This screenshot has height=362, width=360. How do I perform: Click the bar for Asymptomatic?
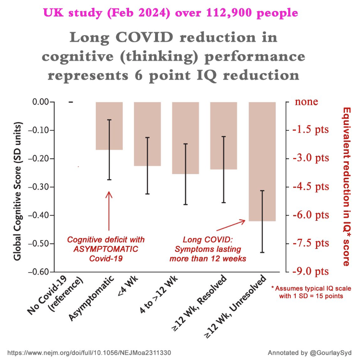(x=109, y=126)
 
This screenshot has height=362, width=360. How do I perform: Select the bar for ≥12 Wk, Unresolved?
(x=262, y=161)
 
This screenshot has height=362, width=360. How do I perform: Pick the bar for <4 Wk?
(x=147, y=134)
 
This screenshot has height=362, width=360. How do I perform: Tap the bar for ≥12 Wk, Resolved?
(x=223, y=136)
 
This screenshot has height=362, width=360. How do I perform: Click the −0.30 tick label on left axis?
(x=38, y=187)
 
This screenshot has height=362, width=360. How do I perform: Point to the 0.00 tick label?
(x=40, y=102)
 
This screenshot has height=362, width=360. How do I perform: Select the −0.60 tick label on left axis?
(x=38, y=272)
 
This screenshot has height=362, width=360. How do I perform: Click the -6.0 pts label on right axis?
(x=311, y=215)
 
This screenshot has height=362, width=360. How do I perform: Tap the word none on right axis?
(x=306, y=102)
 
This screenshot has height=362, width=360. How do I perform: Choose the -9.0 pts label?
(x=311, y=272)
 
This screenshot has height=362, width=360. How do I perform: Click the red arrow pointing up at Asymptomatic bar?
(x=109, y=211)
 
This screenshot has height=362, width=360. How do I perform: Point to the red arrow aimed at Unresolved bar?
(x=231, y=225)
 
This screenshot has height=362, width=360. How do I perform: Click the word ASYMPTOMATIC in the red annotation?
(x=106, y=249)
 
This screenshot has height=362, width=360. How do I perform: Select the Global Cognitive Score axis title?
(x=18, y=191)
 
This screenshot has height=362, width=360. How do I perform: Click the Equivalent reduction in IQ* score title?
(x=347, y=187)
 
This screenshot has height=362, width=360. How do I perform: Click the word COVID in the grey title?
(x=144, y=37)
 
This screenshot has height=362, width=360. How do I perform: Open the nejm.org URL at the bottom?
(x=89, y=353)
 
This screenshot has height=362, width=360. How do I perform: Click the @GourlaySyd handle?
(x=331, y=353)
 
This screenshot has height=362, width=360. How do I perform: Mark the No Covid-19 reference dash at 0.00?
(x=71, y=102)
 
